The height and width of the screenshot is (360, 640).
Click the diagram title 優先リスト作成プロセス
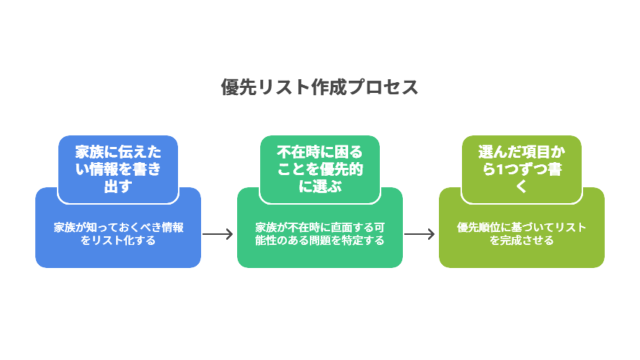click(x=319, y=87)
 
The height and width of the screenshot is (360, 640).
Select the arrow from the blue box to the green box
click(x=217, y=234)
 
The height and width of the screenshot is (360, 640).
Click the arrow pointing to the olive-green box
click(x=419, y=234)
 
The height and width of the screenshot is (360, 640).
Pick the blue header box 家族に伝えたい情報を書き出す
click(x=118, y=169)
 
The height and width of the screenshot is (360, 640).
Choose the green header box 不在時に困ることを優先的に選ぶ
click(x=319, y=169)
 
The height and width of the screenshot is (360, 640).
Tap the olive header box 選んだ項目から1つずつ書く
click(x=521, y=169)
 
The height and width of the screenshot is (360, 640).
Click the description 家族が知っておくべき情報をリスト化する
click(x=118, y=233)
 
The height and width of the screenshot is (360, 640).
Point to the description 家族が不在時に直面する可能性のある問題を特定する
click(x=319, y=233)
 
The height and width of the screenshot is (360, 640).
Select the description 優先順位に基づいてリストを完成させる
click(x=521, y=233)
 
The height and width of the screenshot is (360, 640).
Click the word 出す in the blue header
click(x=118, y=186)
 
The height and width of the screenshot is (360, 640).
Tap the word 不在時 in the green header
click(x=298, y=152)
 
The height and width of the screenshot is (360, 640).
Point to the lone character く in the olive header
click(x=521, y=186)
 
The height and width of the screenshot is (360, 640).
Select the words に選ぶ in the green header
click(x=319, y=186)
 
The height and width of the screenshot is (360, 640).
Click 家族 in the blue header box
click(x=89, y=152)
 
